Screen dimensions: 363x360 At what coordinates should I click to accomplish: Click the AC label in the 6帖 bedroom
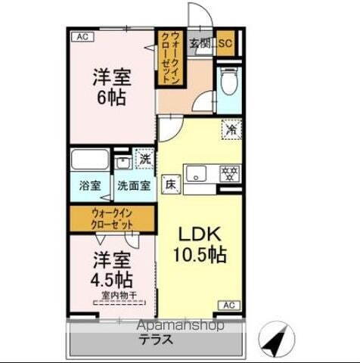[x=82, y=35]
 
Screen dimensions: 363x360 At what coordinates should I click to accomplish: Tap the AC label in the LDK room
[x=229, y=304]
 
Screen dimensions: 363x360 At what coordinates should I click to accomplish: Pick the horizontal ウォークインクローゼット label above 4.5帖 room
[x=112, y=219]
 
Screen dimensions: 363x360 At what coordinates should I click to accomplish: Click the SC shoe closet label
[x=225, y=42]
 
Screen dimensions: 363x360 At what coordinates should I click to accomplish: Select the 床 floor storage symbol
[x=171, y=184]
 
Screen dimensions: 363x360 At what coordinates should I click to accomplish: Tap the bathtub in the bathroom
[x=90, y=162]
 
